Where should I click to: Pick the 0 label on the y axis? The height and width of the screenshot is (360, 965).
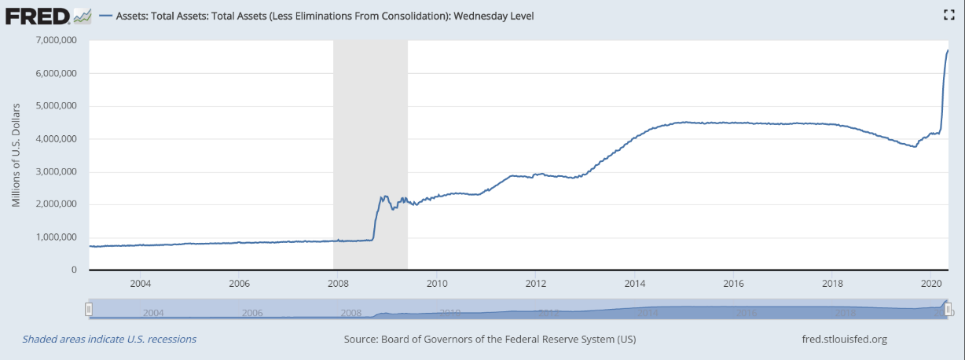[x=74, y=270]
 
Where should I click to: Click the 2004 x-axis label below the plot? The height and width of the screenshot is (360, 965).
[x=140, y=283]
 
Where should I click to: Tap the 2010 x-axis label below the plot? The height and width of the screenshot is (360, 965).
[x=437, y=283]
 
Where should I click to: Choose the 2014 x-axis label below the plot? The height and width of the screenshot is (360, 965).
[x=635, y=283]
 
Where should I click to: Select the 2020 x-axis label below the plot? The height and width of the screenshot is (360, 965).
[x=930, y=283]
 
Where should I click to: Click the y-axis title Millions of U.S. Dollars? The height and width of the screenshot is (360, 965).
[x=16, y=154]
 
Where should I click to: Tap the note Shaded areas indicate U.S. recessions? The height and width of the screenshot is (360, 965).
[x=109, y=340]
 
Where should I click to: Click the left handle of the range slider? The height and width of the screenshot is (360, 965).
[x=89, y=309]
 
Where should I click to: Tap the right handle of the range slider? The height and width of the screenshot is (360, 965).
[x=948, y=309]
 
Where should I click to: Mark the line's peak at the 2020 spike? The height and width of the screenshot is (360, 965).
[x=948, y=50]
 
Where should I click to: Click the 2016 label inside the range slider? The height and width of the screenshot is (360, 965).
[x=747, y=313]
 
